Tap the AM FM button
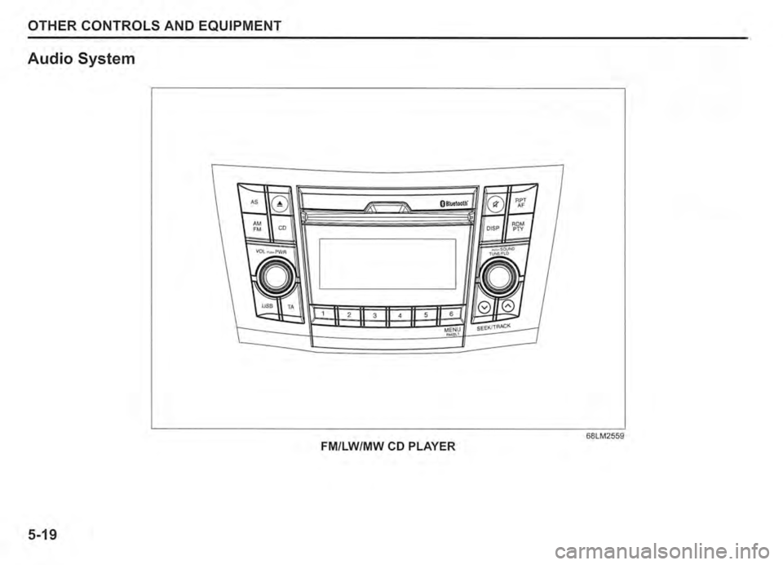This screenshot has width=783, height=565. (257, 226)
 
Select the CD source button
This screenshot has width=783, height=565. (282, 228)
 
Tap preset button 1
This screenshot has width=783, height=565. (323, 313)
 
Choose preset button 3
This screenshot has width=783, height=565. (374, 314)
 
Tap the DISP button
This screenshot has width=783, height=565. (493, 229)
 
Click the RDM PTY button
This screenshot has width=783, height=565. (519, 227)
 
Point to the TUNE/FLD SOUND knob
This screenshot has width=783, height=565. (496, 279)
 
